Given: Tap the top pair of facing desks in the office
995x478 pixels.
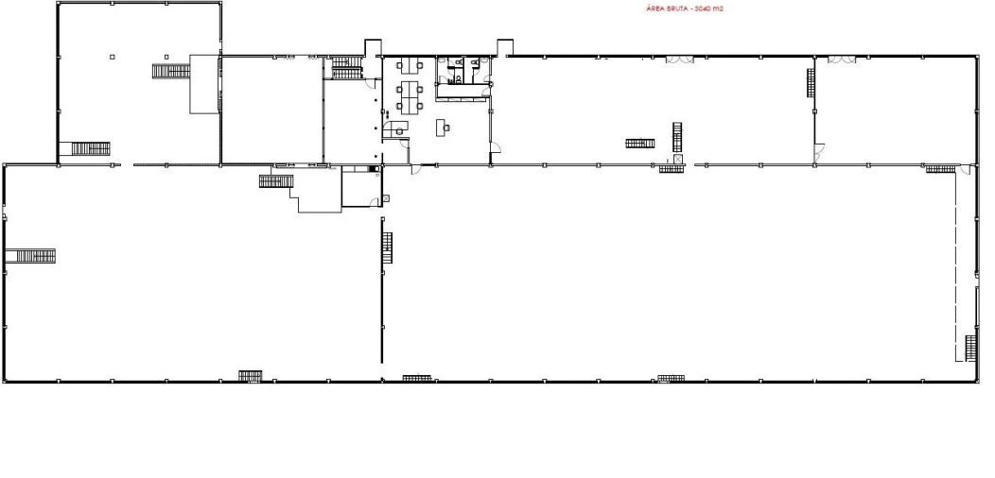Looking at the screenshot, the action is (410, 64).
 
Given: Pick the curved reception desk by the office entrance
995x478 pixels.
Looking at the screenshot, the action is (394, 128).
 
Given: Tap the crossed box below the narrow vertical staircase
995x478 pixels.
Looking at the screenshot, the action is (678, 159).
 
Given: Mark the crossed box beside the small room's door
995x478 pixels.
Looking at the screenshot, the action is (385, 198).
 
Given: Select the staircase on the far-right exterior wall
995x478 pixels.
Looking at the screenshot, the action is (971, 348).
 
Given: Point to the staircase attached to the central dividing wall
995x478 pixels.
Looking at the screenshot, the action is (387, 248).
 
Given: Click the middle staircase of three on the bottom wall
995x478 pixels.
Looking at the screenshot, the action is (417, 379).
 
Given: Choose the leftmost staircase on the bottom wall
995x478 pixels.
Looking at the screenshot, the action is (251, 376).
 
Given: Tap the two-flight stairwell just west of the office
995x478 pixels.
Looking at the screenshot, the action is (347, 68).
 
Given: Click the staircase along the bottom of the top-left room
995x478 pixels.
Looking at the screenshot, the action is (90, 149).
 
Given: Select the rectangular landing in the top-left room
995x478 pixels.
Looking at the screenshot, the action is (204, 84).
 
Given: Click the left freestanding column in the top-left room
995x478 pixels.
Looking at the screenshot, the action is (113, 57).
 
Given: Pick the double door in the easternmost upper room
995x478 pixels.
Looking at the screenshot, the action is (842, 60).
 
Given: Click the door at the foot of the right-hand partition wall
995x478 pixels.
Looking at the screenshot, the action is (819, 153).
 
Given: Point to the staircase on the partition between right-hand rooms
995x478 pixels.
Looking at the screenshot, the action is (811, 82).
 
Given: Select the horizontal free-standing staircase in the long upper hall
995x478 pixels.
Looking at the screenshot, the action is (639, 144).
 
